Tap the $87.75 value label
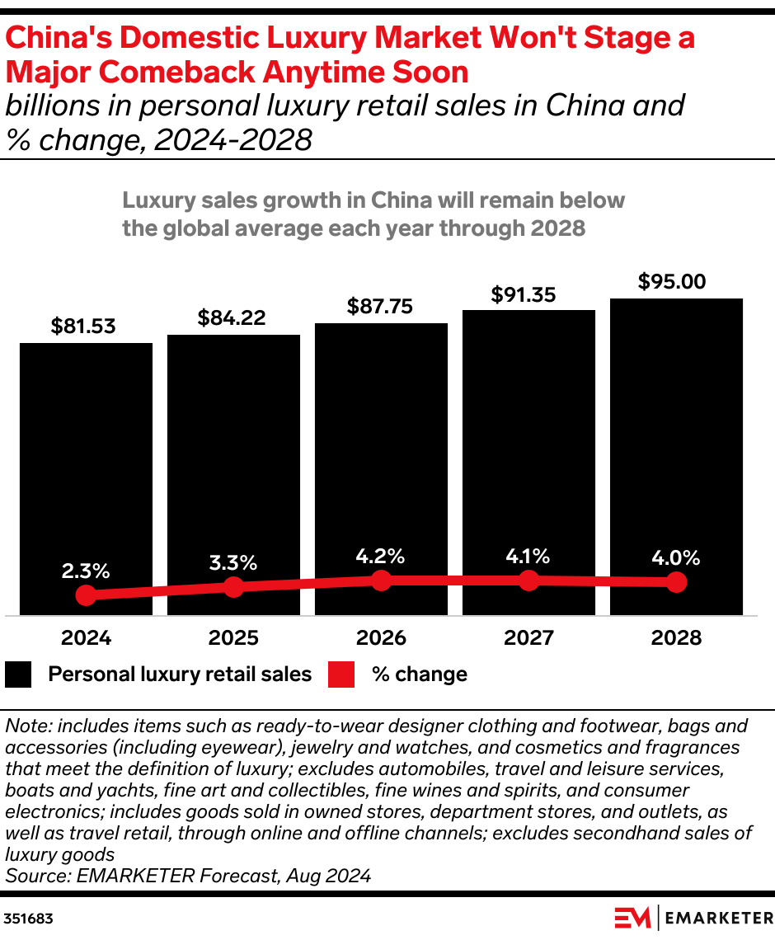pyautogui.click(x=381, y=306)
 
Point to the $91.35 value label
pyautogui.click(x=528, y=294)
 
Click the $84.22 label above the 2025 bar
pyautogui.click(x=233, y=317)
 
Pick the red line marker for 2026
pyautogui.click(x=381, y=580)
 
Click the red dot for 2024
pyautogui.click(x=86, y=595)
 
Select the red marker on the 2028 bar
pyautogui.click(x=676, y=582)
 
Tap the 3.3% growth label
pyautogui.click(x=233, y=563)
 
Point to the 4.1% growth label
pyautogui.click(x=528, y=556)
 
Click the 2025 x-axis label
pyautogui.click(x=233, y=637)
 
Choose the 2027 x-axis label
pyautogui.click(x=528, y=637)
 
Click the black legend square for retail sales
pyautogui.click(x=18, y=674)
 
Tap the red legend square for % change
pyautogui.click(x=341, y=674)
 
